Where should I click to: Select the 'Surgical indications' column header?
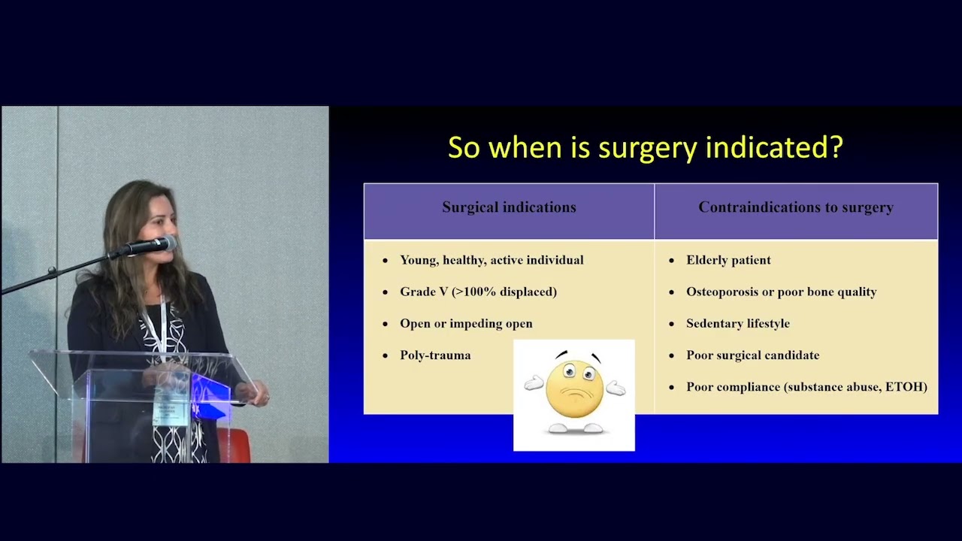(x=509, y=207)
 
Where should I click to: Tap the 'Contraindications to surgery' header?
(x=796, y=207)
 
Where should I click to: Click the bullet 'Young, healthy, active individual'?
(x=492, y=260)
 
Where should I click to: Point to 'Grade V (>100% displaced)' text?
(x=478, y=292)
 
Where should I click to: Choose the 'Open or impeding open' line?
(x=466, y=323)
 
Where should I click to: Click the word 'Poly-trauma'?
(x=435, y=355)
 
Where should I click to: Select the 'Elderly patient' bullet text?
(x=728, y=260)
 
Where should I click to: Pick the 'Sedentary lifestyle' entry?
(x=737, y=323)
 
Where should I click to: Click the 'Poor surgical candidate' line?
(x=752, y=355)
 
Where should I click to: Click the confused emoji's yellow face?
(x=574, y=388)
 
